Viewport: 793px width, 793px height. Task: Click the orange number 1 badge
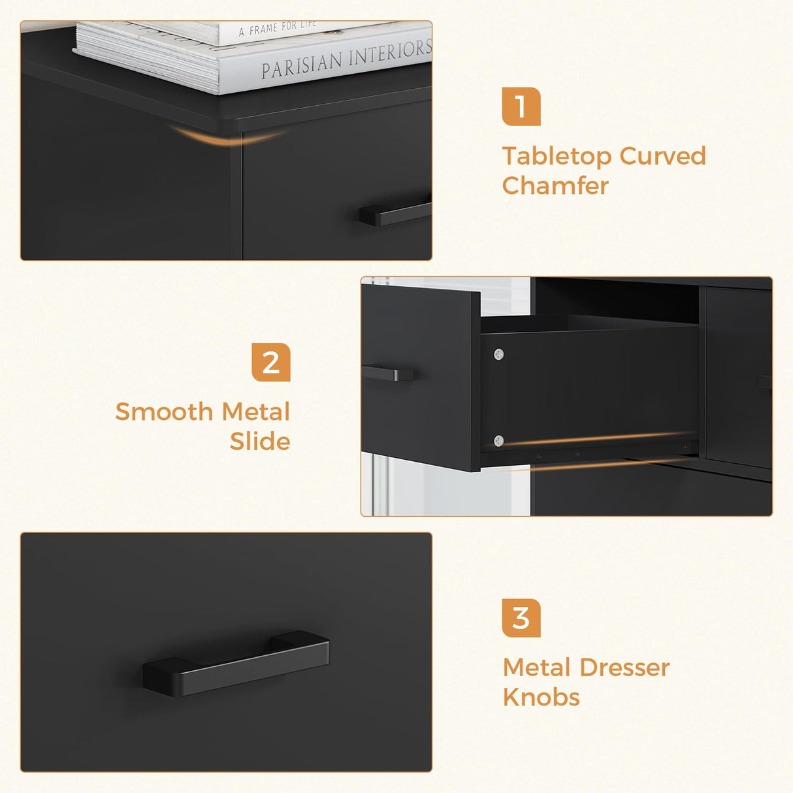[521, 106]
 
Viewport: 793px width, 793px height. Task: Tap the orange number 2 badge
[270, 363]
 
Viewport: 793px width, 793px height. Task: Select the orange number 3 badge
[521, 618]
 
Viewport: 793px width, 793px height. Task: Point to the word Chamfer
[555, 186]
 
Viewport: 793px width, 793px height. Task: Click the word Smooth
[164, 412]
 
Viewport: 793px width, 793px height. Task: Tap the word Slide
[259, 442]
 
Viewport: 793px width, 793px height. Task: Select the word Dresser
[624, 668]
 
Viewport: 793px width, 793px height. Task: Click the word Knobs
[541, 698]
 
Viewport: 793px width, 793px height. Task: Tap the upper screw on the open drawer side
[499, 355]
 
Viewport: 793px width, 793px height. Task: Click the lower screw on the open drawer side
[499, 441]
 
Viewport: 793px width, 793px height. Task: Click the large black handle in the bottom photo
[236, 663]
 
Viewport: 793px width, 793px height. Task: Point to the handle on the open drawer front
[388, 373]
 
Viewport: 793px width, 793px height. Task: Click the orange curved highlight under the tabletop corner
[229, 137]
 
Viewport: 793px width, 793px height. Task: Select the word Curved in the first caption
[662, 157]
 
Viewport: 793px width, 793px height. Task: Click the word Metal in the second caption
[255, 412]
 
